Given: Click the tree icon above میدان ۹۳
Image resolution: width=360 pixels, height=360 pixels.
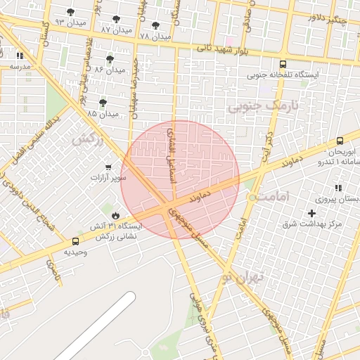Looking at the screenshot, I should tap(71, 12).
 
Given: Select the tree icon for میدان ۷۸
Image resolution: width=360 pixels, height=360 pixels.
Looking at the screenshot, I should tap(156, 25).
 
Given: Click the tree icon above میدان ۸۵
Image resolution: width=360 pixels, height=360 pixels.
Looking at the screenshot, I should tap(103, 103).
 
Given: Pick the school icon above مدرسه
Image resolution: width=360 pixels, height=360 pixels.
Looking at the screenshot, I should tap(20, 56).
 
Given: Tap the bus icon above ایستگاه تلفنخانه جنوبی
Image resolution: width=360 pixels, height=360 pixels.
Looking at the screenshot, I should tap(283, 62).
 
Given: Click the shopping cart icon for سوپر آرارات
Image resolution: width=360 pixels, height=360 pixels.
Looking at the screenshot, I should tap(108, 167).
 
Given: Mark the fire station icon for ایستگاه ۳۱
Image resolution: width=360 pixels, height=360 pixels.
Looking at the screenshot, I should tap(115, 215).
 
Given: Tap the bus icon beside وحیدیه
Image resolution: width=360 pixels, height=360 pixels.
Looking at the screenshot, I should tap(76, 241).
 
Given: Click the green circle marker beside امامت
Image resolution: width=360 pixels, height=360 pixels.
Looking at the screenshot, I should tap(252, 198).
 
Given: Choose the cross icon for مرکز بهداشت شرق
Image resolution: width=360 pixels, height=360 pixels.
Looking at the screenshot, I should tap(312, 212).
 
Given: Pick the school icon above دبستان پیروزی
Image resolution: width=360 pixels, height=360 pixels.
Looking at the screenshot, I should tap(338, 188).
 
